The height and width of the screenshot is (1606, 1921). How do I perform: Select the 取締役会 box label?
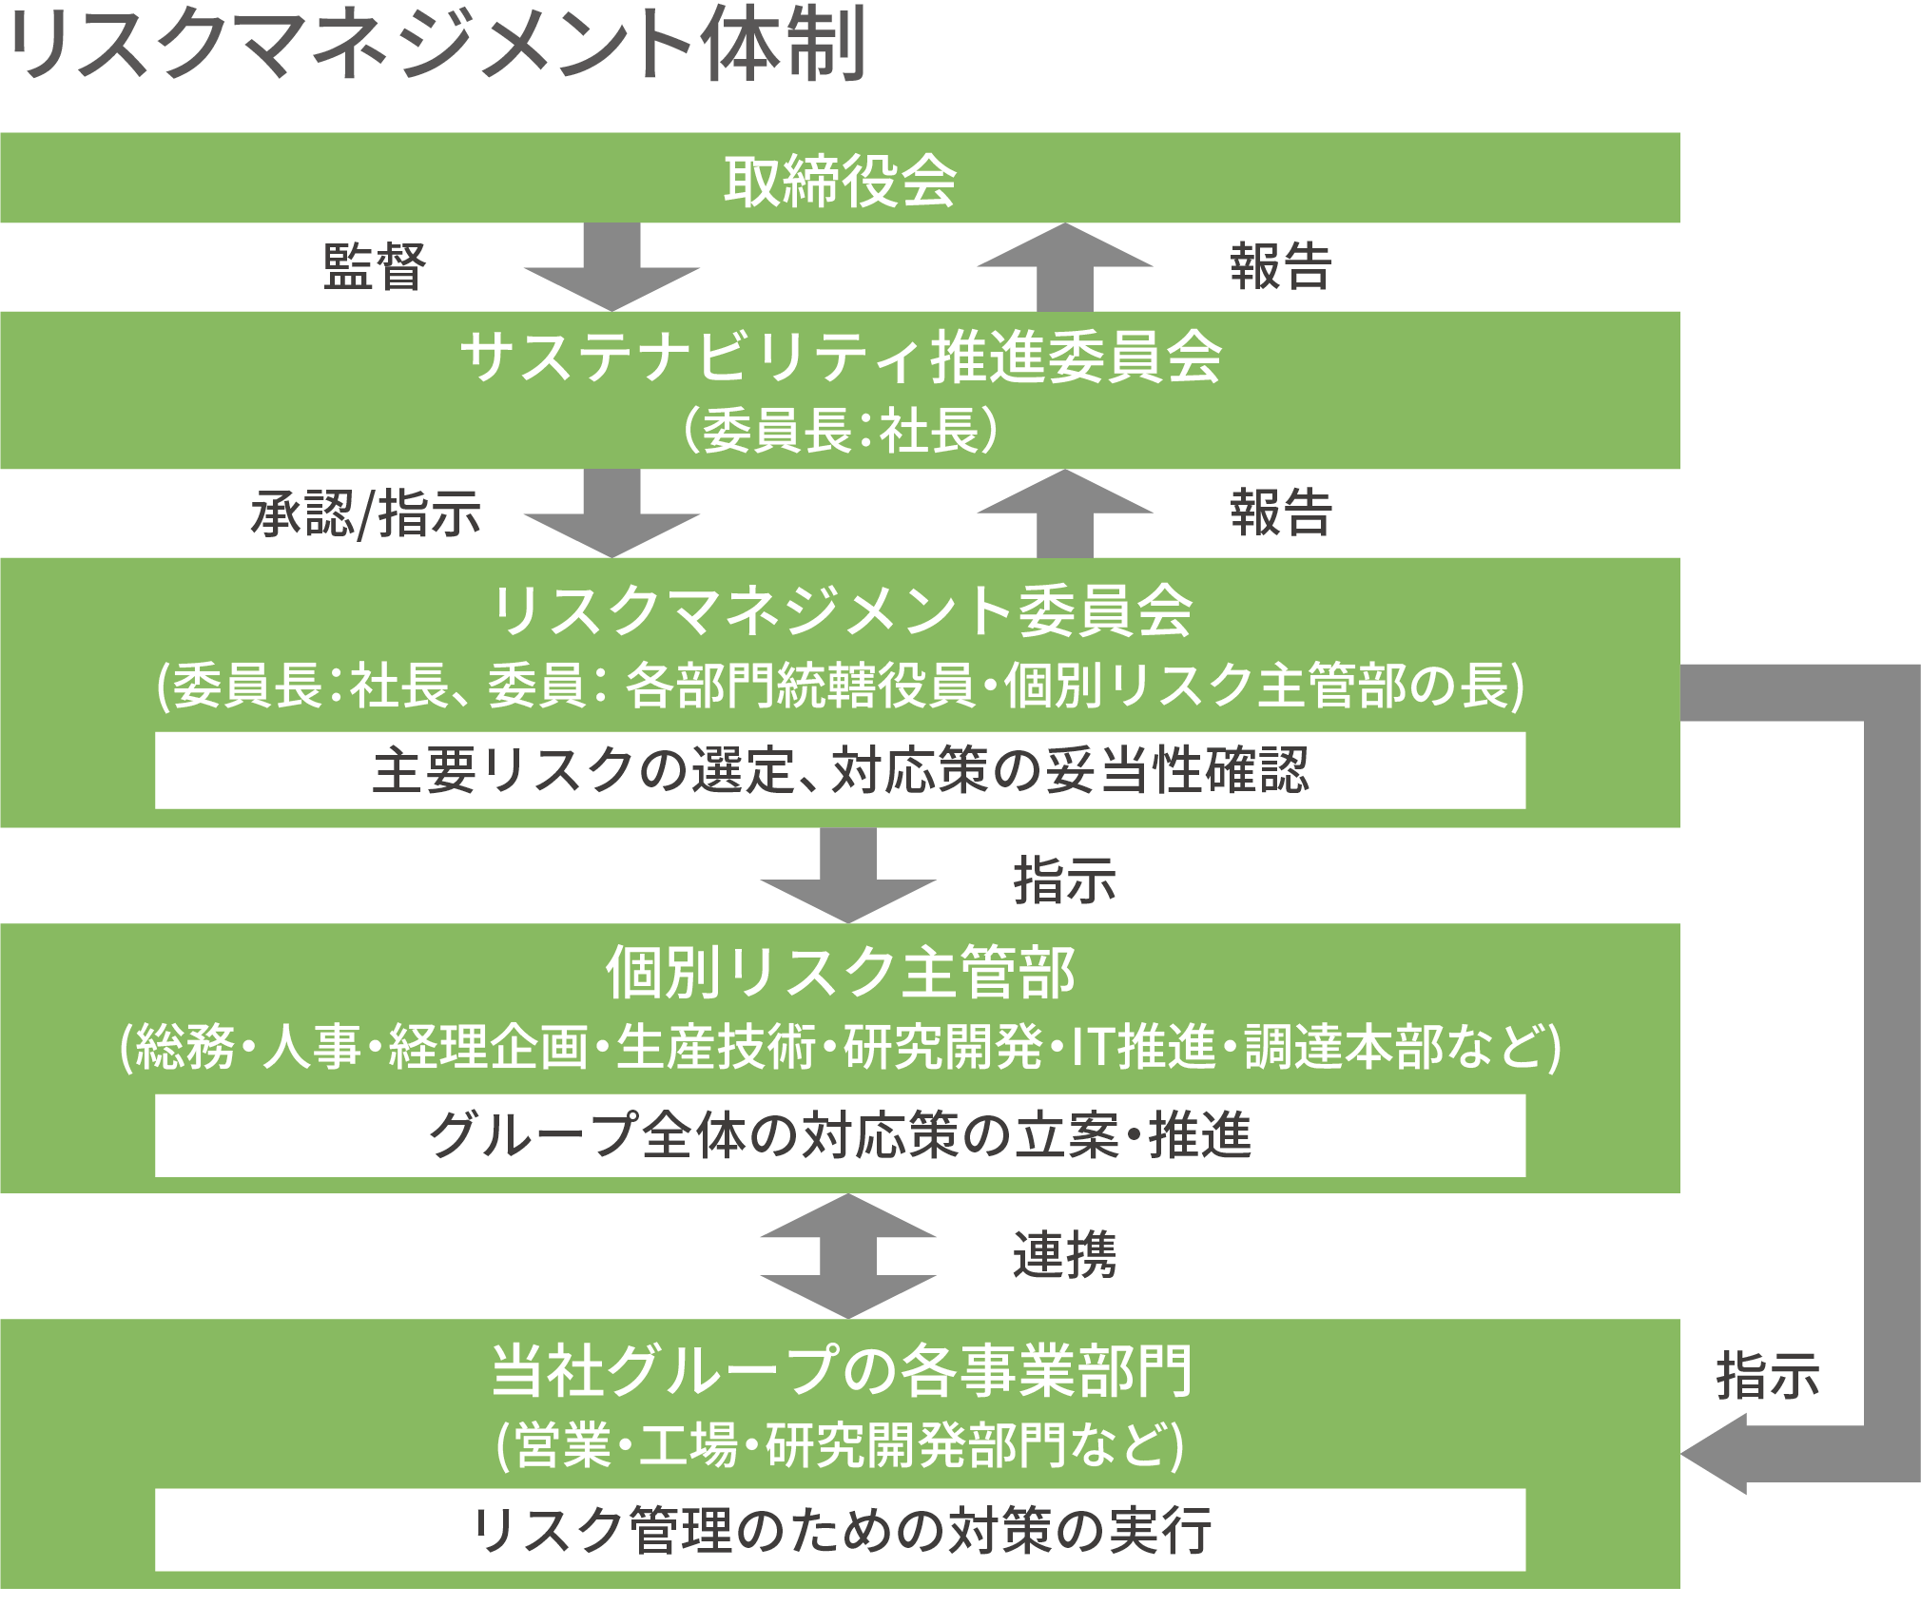coord(840,180)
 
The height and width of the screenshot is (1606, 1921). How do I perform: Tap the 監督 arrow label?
coord(375,266)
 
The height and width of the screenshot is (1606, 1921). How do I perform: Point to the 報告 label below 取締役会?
coord(1280,266)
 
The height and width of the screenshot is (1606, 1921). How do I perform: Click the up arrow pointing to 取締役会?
coord(1064,266)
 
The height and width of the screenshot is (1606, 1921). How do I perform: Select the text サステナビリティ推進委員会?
coord(841,358)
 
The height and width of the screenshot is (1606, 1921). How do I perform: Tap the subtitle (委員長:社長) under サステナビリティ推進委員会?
coord(841,430)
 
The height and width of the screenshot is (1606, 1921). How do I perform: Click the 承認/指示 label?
coord(366,513)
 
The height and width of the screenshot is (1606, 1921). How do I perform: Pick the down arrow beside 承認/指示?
coord(611,514)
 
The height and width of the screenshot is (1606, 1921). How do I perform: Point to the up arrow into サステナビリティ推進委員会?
coord(1064,513)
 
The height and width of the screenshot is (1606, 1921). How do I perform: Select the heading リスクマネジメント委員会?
coord(841,610)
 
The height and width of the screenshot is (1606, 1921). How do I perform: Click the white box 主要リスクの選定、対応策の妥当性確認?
coord(841,770)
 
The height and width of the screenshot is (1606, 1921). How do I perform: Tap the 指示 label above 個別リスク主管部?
coord(1064,880)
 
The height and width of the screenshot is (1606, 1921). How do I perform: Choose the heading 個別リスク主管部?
coord(841,972)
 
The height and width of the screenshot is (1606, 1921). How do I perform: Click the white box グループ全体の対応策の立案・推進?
coord(841,1135)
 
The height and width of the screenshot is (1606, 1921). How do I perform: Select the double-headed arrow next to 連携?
coord(848,1255)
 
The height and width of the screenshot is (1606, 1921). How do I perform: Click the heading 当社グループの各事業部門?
coord(841,1370)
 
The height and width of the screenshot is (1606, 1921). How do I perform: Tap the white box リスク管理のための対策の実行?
coord(841,1530)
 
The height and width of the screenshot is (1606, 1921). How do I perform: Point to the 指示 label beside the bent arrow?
coord(1767,1376)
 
